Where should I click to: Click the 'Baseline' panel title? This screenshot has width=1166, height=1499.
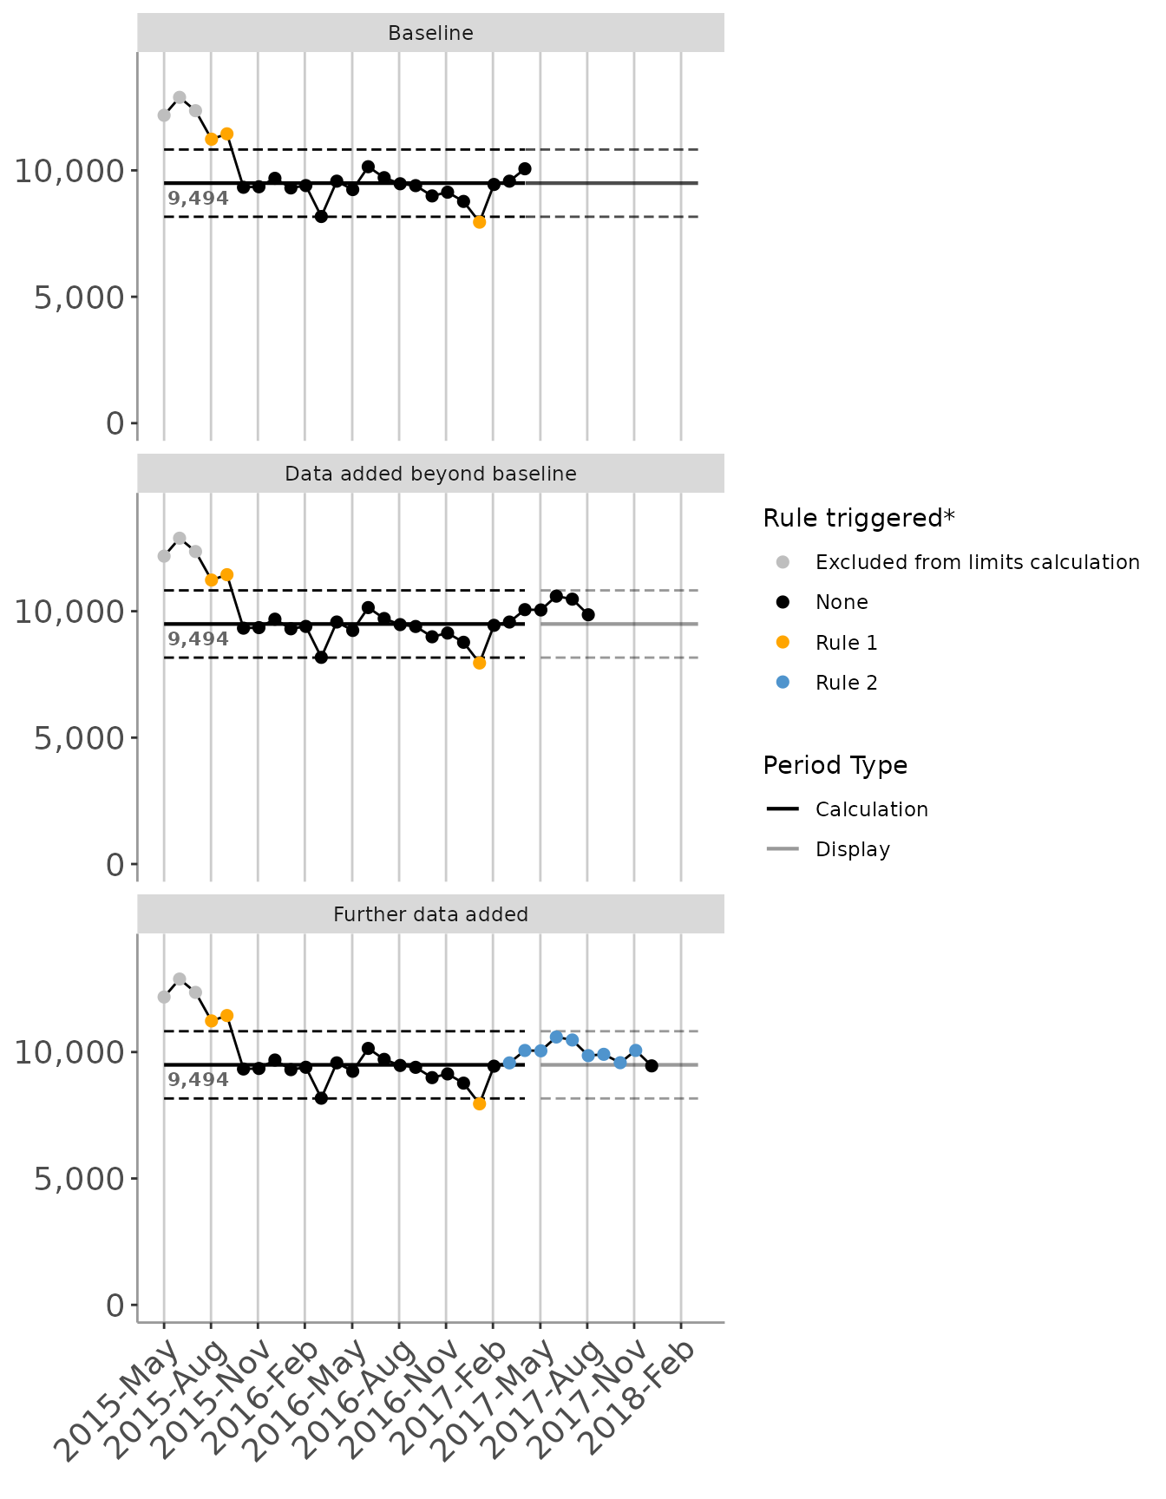[430, 34]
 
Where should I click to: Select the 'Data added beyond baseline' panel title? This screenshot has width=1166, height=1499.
[430, 475]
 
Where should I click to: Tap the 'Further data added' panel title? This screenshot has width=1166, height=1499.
[430, 915]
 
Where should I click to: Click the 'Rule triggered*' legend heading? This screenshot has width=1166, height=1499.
[858, 519]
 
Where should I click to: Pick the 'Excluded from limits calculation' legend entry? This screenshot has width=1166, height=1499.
[977, 563]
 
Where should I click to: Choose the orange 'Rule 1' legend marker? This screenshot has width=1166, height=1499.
[783, 643]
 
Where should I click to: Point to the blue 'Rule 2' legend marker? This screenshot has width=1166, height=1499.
[783, 683]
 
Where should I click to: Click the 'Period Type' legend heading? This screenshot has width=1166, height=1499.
[835, 766]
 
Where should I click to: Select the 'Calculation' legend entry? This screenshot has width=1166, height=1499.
[871, 810]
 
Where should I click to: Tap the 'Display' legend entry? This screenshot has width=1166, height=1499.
[852, 850]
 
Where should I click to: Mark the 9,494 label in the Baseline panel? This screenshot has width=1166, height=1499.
[198, 200]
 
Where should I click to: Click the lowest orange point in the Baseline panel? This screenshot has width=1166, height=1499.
[479, 222]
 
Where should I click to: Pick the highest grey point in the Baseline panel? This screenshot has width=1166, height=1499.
[180, 98]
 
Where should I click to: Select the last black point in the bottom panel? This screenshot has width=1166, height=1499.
[652, 1066]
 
